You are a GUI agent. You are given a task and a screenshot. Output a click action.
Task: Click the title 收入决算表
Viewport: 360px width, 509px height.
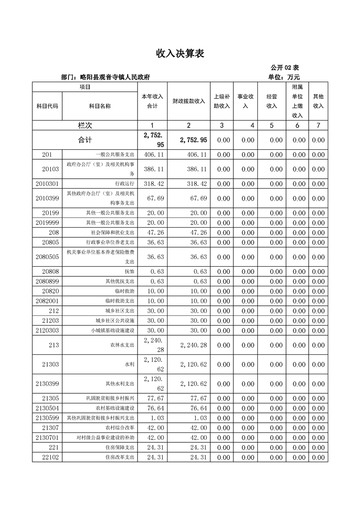(180, 54)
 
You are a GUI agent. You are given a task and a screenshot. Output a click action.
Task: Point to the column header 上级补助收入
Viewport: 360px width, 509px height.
(222, 101)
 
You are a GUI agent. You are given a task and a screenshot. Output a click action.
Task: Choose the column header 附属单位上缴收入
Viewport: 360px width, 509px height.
(297, 101)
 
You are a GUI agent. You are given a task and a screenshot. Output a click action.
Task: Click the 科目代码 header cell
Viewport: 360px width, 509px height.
(47, 106)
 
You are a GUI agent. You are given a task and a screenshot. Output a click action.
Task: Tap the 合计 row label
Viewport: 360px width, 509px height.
(85, 140)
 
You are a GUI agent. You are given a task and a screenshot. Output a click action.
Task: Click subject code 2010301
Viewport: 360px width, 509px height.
(47, 184)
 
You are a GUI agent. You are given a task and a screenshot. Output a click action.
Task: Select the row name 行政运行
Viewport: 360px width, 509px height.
(125, 184)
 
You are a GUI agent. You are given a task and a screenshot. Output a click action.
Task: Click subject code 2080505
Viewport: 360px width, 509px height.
(47, 257)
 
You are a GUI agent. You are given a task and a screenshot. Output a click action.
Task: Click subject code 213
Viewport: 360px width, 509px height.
(54, 345)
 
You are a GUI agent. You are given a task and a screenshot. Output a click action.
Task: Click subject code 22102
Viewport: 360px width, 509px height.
(50, 457)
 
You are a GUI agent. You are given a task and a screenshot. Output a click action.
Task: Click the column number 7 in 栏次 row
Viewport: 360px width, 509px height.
(318, 126)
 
